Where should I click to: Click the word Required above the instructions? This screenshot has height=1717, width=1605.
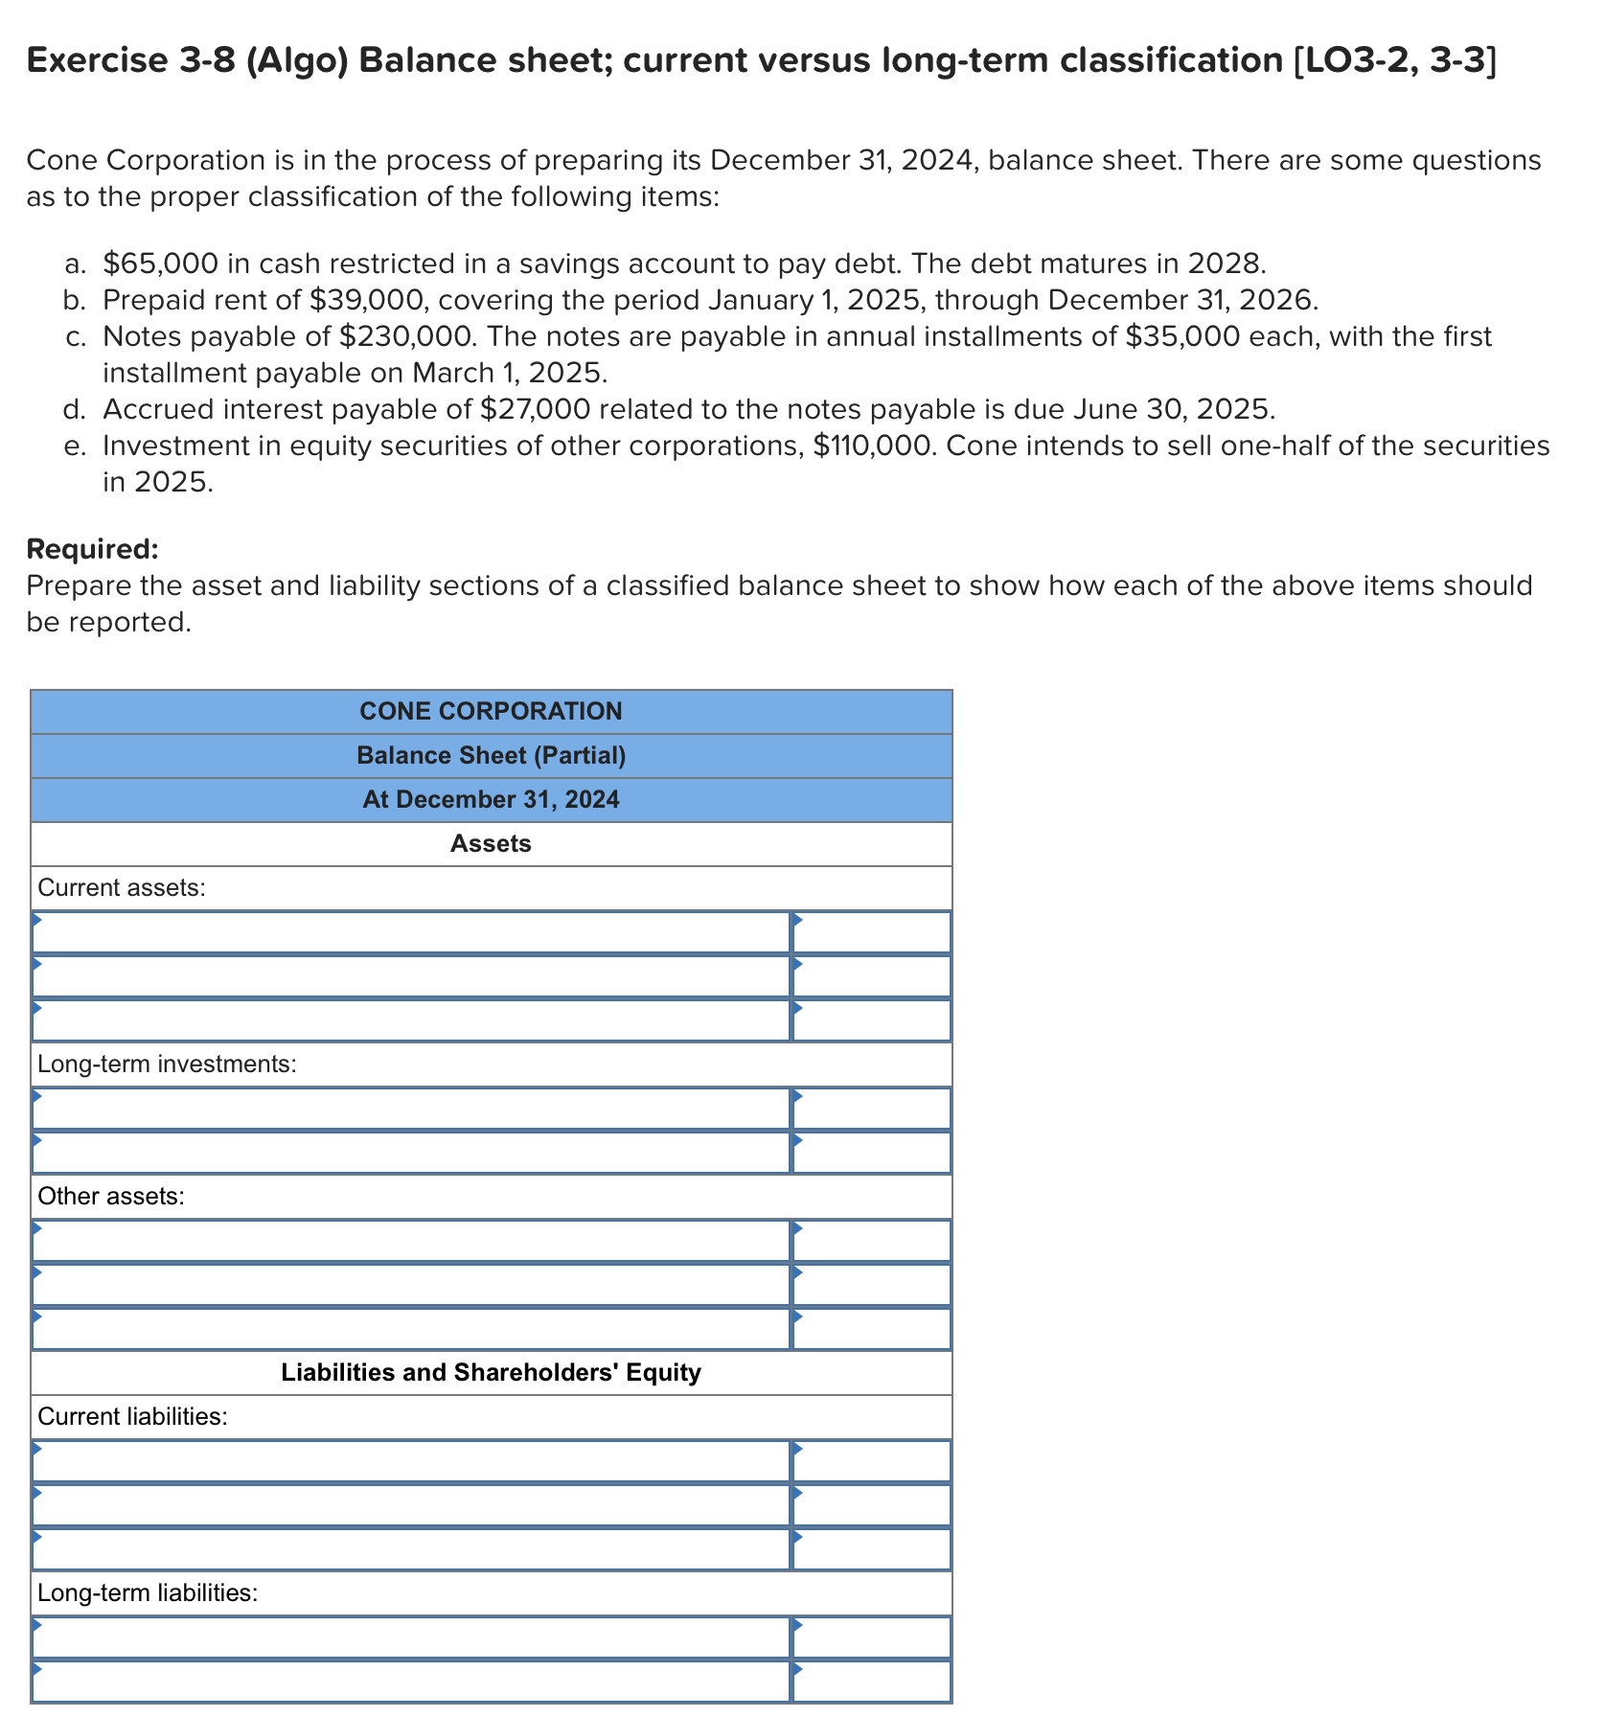[x=92, y=549]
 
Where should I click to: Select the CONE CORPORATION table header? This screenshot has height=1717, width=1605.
[x=491, y=711]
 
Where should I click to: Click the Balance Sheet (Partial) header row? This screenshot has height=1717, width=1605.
[x=491, y=755]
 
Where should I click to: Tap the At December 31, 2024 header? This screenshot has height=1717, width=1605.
[x=491, y=799]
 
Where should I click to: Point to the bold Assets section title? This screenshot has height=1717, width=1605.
[x=491, y=843]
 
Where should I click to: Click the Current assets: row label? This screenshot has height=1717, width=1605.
[x=122, y=887]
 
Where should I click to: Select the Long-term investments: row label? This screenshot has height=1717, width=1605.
[x=167, y=1064]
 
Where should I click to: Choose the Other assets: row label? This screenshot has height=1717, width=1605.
[x=111, y=1196]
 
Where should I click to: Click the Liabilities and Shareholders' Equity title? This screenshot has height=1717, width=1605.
[x=491, y=1372]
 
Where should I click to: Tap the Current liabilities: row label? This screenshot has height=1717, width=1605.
[x=132, y=1416]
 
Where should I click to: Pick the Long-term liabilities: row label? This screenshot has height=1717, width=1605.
[x=148, y=1592]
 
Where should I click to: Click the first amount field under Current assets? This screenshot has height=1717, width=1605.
[x=871, y=932]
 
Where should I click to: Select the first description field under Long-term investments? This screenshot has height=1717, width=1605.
[x=410, y=1109]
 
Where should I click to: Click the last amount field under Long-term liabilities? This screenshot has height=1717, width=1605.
[x=871, y=1682]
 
